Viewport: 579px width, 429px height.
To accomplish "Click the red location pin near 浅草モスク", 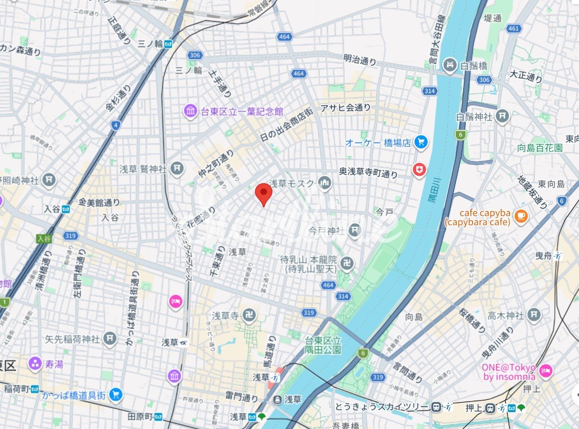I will coord(263,193).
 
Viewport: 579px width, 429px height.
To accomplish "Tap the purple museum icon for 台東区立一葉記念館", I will coord(190,111).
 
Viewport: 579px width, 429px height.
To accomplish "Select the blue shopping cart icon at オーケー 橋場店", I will coord(420,142).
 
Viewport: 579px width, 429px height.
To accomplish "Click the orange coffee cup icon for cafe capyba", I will coord(520,215).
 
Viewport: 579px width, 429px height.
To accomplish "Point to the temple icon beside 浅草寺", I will coord(251,315).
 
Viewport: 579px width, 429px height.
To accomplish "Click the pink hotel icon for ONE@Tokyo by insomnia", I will coord(545,371).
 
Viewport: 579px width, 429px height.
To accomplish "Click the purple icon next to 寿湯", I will coord(35,363).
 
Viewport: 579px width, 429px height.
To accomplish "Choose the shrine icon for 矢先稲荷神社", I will coord(110,338).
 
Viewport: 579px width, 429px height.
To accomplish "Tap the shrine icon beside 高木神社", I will coord(534,315).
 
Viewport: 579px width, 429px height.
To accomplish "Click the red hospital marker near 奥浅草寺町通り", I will coord(419,170).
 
